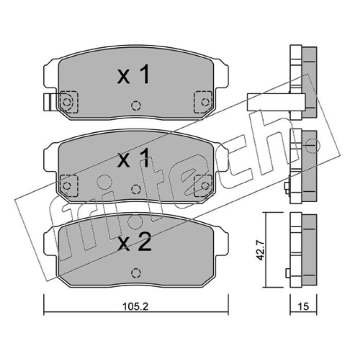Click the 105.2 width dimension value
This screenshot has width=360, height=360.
tap(135, 306)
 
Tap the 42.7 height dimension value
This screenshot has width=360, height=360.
tap(260, 250)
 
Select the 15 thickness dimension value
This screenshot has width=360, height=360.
tap(303, 306)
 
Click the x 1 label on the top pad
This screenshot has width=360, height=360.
tap(133, 74)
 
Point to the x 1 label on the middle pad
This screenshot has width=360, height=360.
tap(133, 157)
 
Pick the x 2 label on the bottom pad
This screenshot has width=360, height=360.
tap(134, 241)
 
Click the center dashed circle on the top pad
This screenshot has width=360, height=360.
tap(136, 106)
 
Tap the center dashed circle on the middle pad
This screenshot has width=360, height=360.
tap(136, 189)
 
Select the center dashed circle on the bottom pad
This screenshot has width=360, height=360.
tap(136, 273)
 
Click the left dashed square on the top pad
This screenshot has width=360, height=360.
tap(69, 102)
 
